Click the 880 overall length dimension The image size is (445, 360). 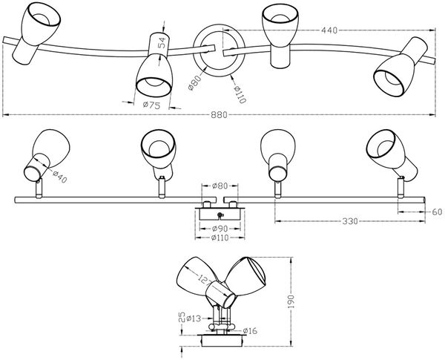point(219,115)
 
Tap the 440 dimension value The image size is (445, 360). point(329,30)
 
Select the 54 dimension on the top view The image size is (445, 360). point(162,42)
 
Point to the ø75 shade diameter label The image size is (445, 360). point(151,105)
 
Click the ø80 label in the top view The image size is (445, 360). point(195,82)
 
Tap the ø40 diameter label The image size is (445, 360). point(60,177)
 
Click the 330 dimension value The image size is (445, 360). point(349,221)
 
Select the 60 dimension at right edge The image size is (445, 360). point(438,212)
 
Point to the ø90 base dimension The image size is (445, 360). point(220,229)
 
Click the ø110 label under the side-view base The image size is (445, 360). point(220,238)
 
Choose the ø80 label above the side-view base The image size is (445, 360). point(220,186)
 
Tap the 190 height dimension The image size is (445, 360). point(291,301)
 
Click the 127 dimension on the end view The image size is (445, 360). point(205,280)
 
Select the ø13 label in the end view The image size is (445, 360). point(194,318)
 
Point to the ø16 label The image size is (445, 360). point(250,331)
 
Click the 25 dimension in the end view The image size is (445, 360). point(182,317)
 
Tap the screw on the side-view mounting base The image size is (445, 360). point(220,215)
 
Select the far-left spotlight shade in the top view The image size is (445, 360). point(36,33)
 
